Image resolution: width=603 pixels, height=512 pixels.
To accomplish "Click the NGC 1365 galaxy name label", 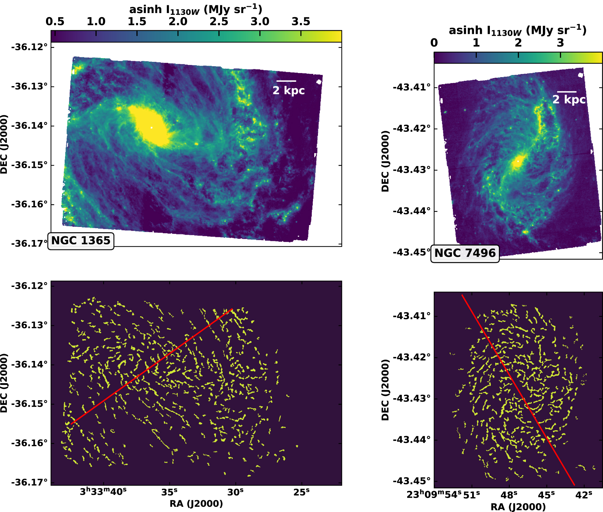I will [81, 241].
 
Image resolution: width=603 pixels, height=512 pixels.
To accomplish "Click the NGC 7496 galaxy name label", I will [465, 253].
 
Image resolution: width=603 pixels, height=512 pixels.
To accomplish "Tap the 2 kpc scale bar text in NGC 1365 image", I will [288, 90].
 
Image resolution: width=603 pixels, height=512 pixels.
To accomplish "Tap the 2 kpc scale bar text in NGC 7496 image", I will [569, 99].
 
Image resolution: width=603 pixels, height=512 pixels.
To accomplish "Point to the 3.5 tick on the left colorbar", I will [301, 22].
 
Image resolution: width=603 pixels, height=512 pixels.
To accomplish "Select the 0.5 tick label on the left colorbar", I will [55, 22].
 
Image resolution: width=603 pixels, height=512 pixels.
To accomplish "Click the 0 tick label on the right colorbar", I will [434, 43].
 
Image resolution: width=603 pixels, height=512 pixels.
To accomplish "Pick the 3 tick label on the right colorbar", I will [560, 43].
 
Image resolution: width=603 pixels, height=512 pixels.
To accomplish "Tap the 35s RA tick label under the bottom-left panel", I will [169, 492].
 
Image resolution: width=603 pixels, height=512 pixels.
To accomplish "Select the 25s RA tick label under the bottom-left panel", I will [301, 492].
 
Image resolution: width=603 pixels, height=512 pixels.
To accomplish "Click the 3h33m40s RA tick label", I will [103, 492].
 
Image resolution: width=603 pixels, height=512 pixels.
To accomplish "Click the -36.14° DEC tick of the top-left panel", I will [29, 126].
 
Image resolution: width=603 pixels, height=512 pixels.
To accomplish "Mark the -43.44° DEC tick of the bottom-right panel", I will [412, 440].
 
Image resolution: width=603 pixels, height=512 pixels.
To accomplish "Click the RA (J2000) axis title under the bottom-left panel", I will [196, 504].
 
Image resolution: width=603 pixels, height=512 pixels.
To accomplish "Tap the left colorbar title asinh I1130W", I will [196, 10].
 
